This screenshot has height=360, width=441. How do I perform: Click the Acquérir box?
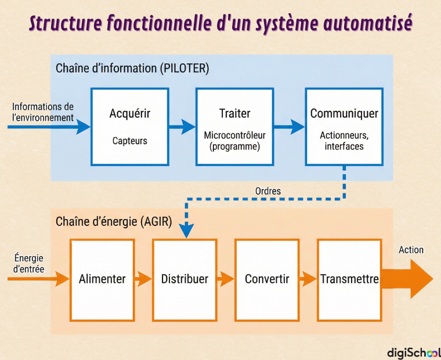pos(129,127)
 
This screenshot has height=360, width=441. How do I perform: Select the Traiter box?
pos(235,127)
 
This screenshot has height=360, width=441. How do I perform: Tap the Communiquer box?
pos(344,127)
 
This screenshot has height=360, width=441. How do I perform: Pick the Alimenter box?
pos(102,280)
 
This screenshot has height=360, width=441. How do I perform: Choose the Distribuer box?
pos(185,280)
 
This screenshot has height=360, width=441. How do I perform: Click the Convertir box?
pos(267,280)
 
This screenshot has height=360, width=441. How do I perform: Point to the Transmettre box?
pos(349,280)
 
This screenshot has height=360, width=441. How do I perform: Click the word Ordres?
pos(268,191)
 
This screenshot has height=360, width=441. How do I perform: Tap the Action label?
pos(411,250)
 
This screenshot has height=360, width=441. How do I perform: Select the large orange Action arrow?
pos(407,279)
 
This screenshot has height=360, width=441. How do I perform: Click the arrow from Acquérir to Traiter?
pos(182,127)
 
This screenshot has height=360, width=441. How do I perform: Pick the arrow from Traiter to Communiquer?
pos(289,127)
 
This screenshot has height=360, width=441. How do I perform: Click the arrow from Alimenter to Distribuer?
pos(143,279)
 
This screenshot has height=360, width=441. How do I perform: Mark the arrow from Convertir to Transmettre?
pos(308,279)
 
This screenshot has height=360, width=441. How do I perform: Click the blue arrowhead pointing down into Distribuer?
pos(186,231)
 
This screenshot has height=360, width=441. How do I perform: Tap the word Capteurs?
pos(129,141)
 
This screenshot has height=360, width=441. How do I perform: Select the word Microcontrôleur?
pos(234,135)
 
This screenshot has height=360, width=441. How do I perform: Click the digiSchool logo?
pos(414,352)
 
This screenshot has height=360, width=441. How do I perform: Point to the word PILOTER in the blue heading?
pos(185,69)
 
